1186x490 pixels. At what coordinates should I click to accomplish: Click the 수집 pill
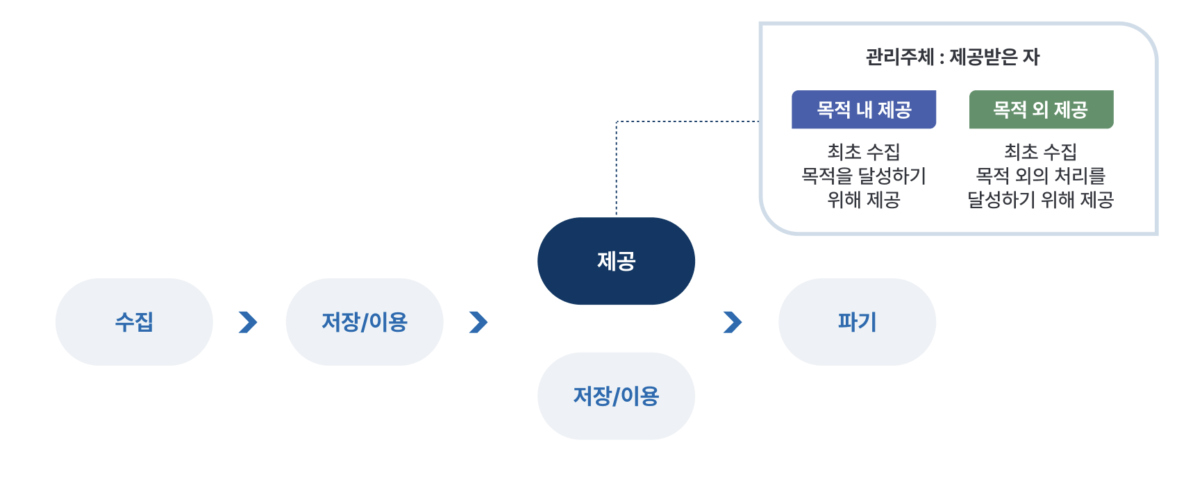134,322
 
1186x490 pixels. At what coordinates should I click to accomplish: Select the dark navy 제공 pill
616,261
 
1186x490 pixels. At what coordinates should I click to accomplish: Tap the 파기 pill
857,322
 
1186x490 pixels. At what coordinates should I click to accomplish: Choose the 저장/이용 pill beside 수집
365,322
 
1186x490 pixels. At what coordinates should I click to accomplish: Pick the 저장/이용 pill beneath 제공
616,396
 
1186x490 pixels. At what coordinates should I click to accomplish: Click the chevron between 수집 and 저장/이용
249,322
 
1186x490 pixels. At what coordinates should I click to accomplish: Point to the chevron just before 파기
733,322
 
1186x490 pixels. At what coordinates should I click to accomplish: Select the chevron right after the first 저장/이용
478,322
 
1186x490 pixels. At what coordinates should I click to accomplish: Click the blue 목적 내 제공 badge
864,110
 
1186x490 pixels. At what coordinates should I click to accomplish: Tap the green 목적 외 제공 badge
1041,110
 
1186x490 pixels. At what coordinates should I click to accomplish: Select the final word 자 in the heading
1031,57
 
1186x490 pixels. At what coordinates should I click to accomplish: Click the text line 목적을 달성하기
864,176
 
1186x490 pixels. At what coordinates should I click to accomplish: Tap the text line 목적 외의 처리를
1041,176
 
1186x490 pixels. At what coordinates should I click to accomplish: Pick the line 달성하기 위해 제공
1041,199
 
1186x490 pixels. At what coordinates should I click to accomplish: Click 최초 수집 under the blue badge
864,152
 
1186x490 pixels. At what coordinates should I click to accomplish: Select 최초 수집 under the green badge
1041,152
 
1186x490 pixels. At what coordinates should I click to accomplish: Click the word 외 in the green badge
1040,110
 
